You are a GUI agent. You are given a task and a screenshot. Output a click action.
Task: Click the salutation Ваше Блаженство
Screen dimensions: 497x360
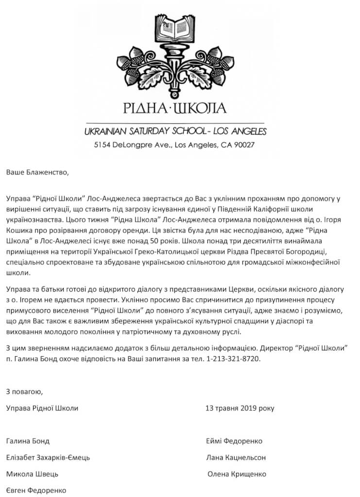pyautogui.click(x=34, y=171)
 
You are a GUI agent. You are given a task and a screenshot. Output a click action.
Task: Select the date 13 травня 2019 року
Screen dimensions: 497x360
pyautogui.click(x=240, y=408)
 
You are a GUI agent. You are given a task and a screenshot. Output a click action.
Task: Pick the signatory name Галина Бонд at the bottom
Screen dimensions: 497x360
pyautogui.click(x=28, y=441)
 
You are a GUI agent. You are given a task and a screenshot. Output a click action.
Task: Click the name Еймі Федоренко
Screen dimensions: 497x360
pyautogui.click(x=234, y=441)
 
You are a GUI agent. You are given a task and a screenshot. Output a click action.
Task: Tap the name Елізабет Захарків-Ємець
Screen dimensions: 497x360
pyautogui.click(x=48, y=458)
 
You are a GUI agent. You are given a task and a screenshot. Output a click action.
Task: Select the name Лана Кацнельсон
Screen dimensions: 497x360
pyautogui.click(x=236, y=458)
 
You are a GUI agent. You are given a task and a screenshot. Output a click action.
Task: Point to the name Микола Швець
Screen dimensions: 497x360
pyautogui.click(x=32, y=474)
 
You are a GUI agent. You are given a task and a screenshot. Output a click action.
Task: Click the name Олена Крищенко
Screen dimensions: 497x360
pyautogui.click(x=237, y=474)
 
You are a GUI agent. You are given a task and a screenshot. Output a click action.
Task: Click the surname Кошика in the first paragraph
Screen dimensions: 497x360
pyautogui.click(x=20, y=230)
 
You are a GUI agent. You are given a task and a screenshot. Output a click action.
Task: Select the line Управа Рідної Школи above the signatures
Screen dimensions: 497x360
pyautogui.click(x=42, y=408)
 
